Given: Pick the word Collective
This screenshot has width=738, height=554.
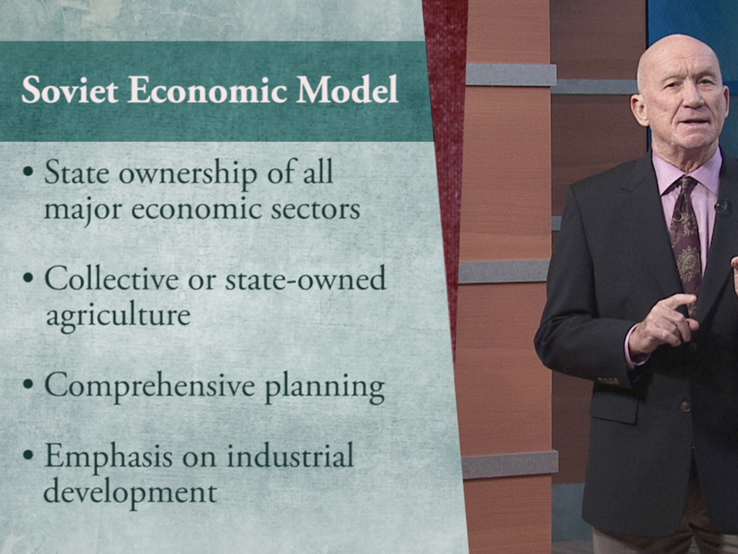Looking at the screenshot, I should pyautogui.click(x=112, y=278).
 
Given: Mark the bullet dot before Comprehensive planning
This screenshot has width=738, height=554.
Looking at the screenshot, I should pyautogui.click(x=28, y=384).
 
